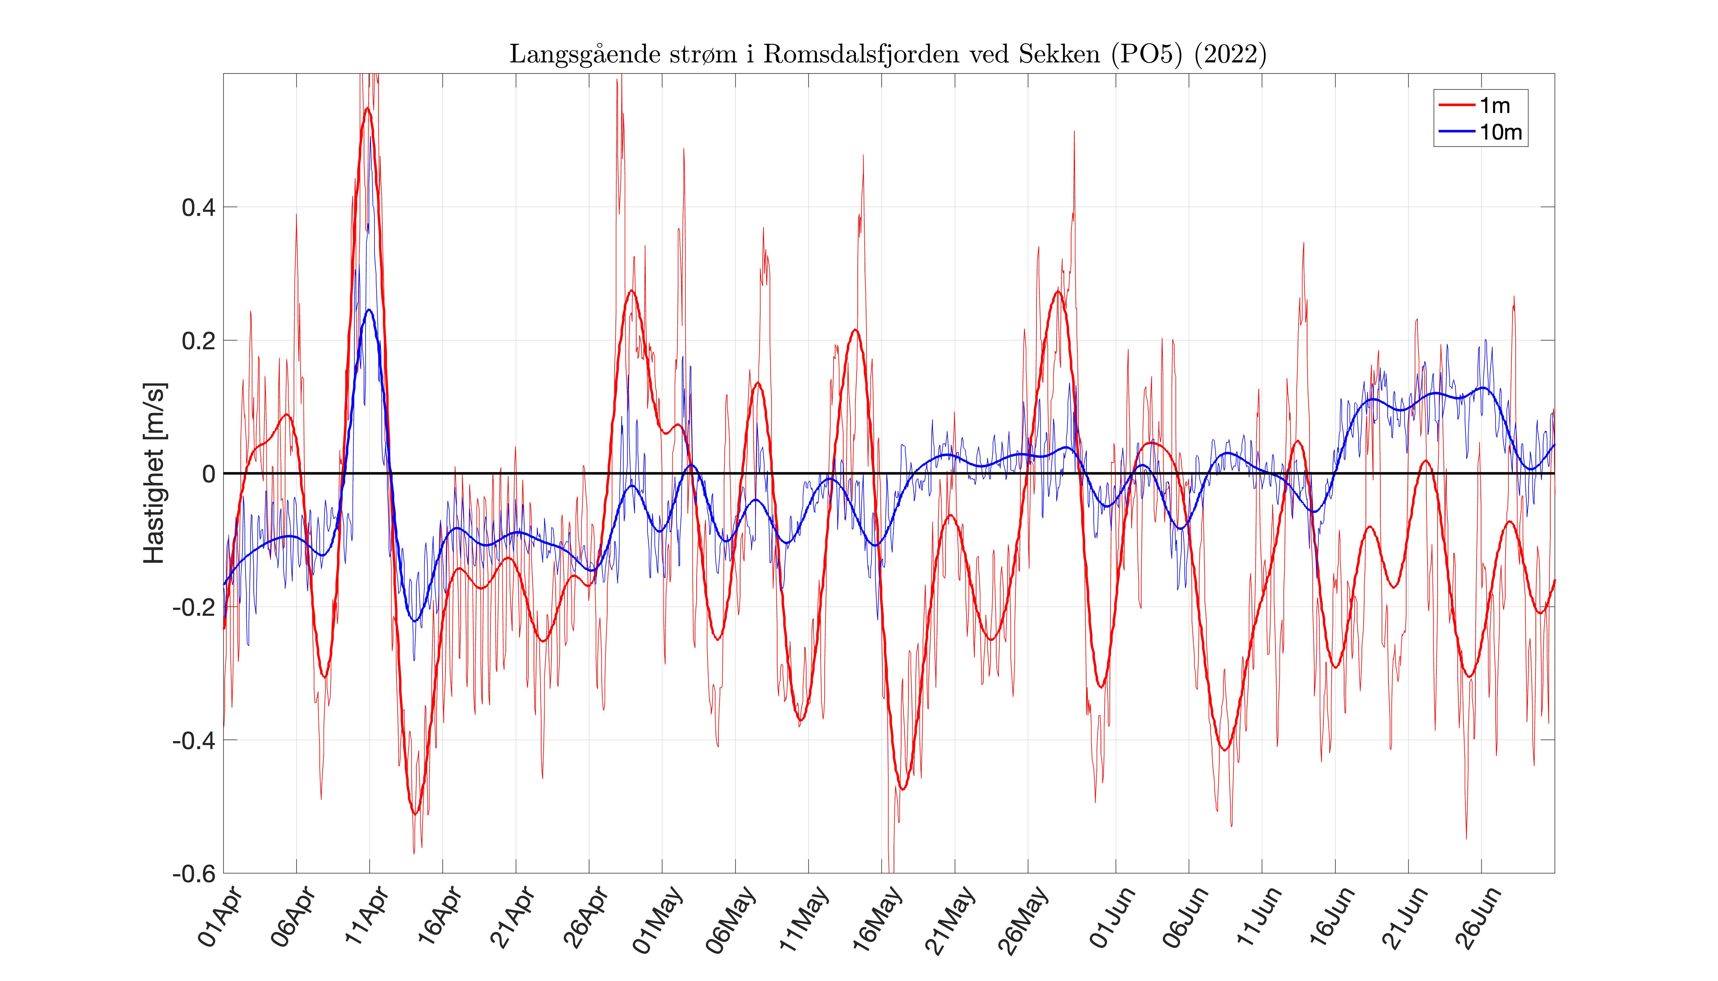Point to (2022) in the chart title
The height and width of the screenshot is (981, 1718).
(1230, 54)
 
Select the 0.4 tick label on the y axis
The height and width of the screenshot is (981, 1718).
(199, 208)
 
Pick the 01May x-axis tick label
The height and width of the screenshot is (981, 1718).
(658, 920)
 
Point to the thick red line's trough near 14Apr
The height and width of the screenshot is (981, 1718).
(414, 813)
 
